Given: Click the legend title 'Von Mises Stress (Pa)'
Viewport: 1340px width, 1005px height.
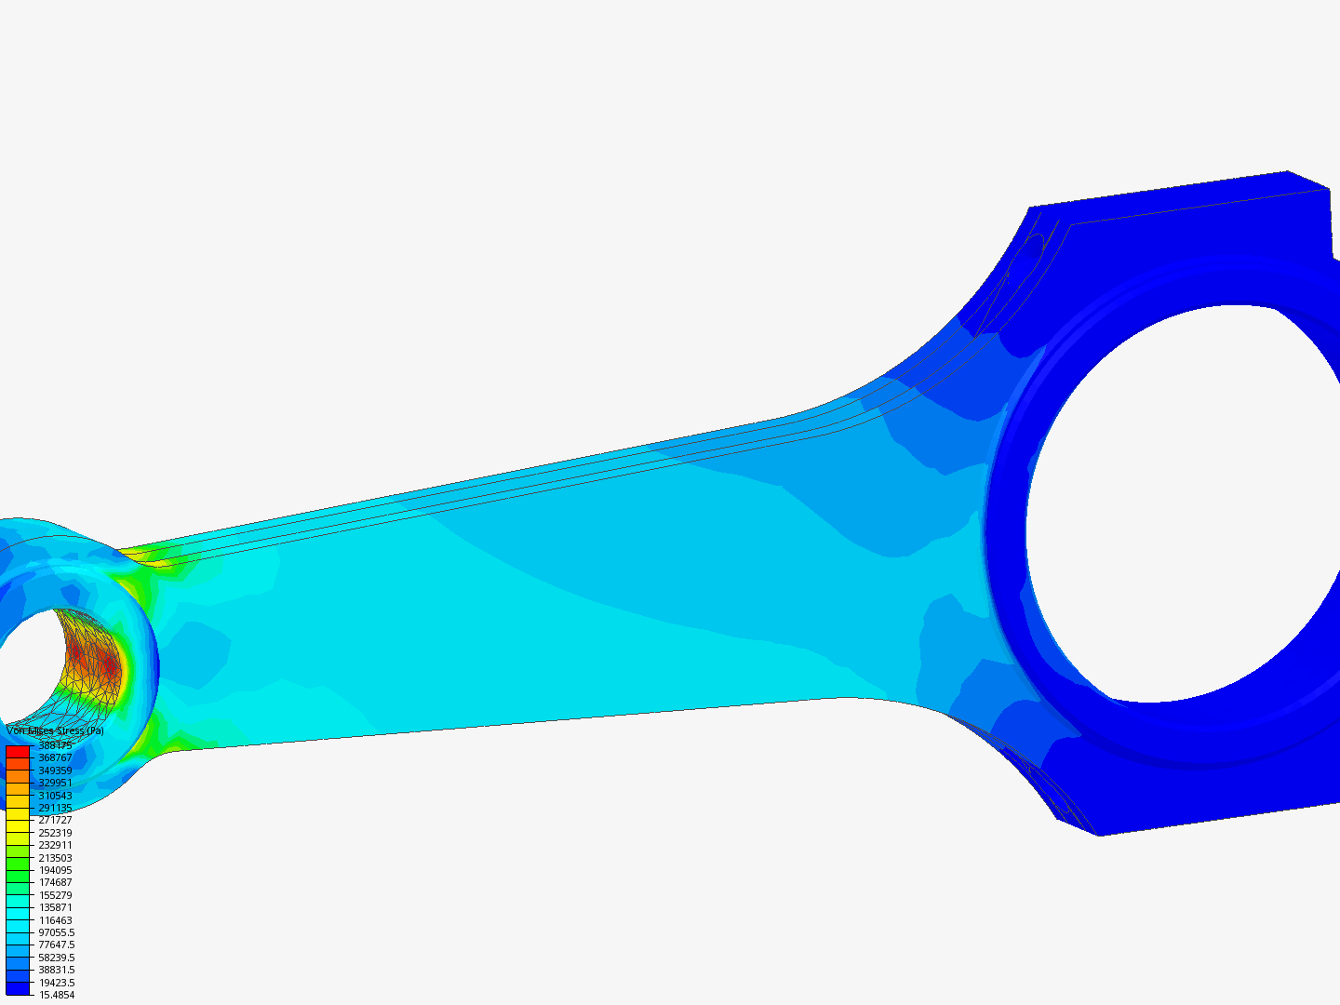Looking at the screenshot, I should pyautogui.click(x=55, y=731).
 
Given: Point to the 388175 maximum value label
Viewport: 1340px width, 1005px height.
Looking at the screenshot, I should pyautogui.click(x=55, y=745).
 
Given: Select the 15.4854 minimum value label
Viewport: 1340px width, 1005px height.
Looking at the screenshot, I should pyautogui.click(x=56, y=995).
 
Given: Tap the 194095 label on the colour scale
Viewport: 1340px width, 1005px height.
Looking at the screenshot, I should pyautogui.click(x=55, y=870).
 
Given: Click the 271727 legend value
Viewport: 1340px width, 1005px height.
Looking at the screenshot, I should pyautogui.click(x=55, y=820).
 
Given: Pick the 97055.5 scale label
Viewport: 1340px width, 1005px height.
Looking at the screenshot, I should pyautogui.click(x=57, y=932).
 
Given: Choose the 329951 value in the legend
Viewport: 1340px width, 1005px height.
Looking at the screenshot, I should pyautogui.click(x=55, y=783).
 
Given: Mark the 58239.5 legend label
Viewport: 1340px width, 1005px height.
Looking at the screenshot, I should pyautogui.click(x=57, y=958).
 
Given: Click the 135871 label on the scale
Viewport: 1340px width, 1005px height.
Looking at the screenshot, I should pyautogui.click(x=55, y=907).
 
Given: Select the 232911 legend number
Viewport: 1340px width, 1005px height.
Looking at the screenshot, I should pyautogui.click(x=55, y=845).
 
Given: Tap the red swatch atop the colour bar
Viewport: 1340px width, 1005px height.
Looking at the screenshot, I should pyautogui.click(x=18, y=751).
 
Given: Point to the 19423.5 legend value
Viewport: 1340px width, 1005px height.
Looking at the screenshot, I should pyautogui.click(x=57, y=983).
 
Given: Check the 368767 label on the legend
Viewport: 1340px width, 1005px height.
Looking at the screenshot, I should pyautogui.click(x=55, y=757).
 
